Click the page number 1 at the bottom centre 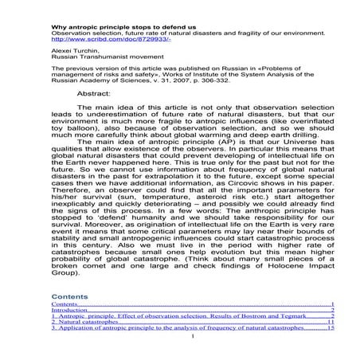193,335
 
